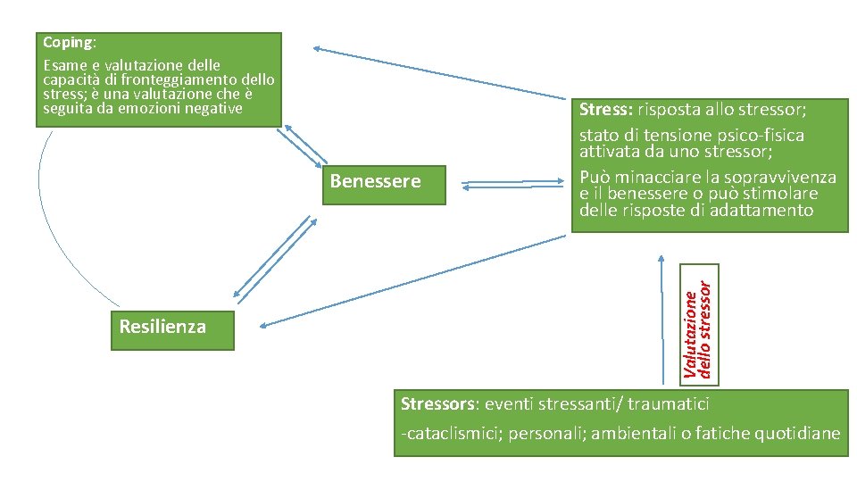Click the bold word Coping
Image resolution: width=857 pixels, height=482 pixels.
coord(68,43)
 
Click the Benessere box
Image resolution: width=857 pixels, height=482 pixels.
coord(375,182)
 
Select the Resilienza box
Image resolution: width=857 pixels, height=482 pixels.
coord(162,327)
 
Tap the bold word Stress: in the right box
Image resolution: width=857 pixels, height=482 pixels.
coord(606,110)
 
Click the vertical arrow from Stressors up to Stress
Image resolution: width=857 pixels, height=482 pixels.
coord(661,321)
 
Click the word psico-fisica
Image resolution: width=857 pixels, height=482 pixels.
coord(760,136)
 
